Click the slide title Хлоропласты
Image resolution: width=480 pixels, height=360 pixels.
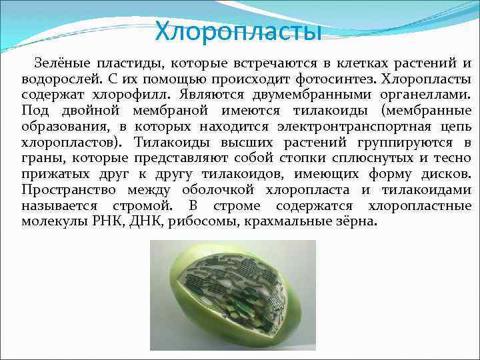(238, 30)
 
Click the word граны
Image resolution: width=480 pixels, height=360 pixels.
(39, 158)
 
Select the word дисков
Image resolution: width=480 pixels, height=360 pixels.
(444, 174)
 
